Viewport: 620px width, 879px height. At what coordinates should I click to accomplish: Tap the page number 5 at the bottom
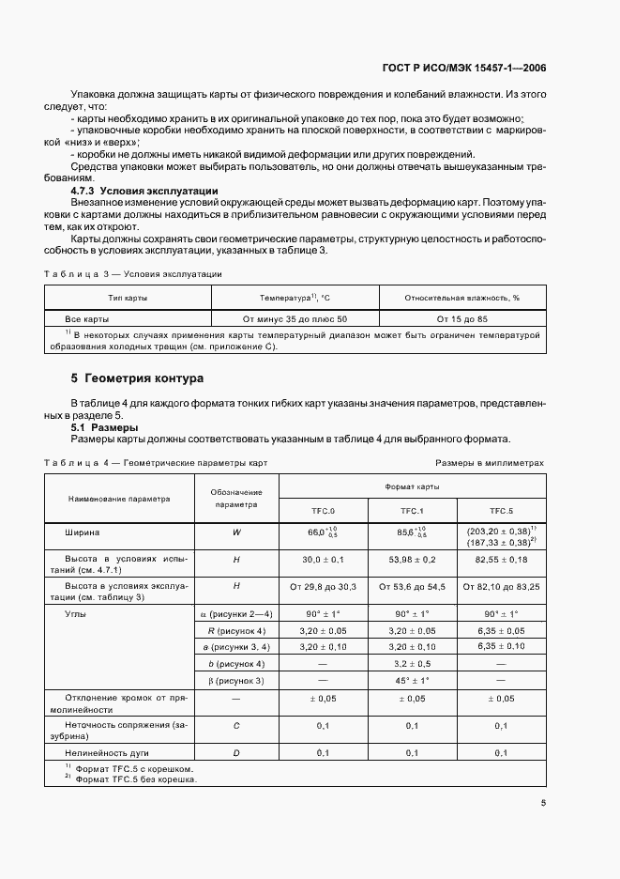coord(542,802)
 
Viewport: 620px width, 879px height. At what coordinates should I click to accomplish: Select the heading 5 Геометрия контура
coord(137,378)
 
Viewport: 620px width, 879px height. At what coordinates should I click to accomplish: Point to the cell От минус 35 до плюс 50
coord(295,318)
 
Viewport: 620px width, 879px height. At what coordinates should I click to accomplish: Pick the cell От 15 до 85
coord(462,318)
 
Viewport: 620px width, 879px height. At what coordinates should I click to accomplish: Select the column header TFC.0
coord(322,511)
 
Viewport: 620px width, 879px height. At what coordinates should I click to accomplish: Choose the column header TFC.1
coord(412,511)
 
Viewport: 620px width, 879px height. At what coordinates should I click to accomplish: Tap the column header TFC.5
coord(502,511)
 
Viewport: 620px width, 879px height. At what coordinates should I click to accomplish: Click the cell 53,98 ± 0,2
coord(412,559)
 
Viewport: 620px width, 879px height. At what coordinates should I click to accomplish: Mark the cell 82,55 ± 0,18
coord(502,559)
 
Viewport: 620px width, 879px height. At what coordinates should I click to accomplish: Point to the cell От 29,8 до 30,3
coord(322,586)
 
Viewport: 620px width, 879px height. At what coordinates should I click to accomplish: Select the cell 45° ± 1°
coord(412,680)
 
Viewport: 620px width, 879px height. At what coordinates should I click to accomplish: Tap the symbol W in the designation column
coord(236,532)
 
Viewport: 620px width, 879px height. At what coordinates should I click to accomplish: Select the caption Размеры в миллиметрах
coord(489,463)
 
